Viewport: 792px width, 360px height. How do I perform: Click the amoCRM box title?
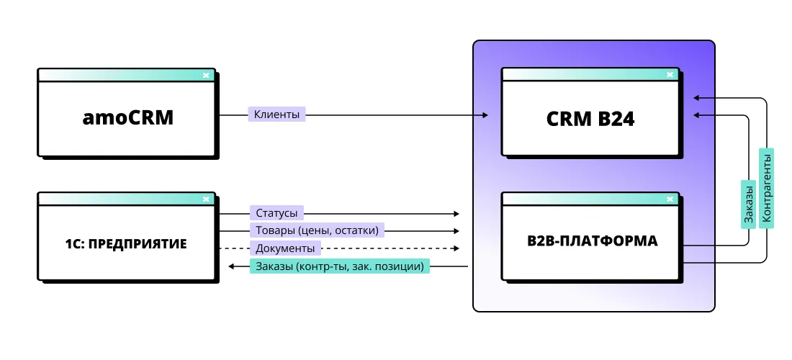pos(127,117)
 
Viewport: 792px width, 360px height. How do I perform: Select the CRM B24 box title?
pos(590,119)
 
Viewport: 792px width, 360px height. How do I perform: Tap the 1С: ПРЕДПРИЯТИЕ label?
pos(126,243)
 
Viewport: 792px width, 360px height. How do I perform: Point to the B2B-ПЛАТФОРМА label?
pos(591,241)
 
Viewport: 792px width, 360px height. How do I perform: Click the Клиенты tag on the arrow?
pos(277,114)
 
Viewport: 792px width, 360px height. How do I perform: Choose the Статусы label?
pos(276,213)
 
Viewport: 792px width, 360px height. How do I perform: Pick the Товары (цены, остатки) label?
pos(317,231)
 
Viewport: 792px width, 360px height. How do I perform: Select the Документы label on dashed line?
pos(285,248)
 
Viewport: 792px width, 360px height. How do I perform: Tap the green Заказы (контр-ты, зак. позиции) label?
pos(339,266)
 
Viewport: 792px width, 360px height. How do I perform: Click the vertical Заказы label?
pos(748,204)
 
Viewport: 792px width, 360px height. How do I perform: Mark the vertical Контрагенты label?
pos(767,188)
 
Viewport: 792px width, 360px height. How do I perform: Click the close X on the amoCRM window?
pos(206,74)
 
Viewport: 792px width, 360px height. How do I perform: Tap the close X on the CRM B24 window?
pos(670,74)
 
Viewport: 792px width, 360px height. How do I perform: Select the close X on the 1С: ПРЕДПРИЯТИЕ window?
pos(206,199)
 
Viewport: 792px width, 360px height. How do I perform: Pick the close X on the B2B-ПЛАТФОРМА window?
pos(670,199)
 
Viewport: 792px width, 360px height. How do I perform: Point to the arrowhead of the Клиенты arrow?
pos(485,115)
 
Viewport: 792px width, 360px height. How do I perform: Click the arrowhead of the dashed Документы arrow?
pos(456,248)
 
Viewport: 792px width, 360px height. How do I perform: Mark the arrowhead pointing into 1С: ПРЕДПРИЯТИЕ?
pos(231,266)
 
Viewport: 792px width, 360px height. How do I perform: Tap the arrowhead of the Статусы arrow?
pos(456,214)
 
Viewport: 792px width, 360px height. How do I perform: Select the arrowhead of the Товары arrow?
pos(456,231)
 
